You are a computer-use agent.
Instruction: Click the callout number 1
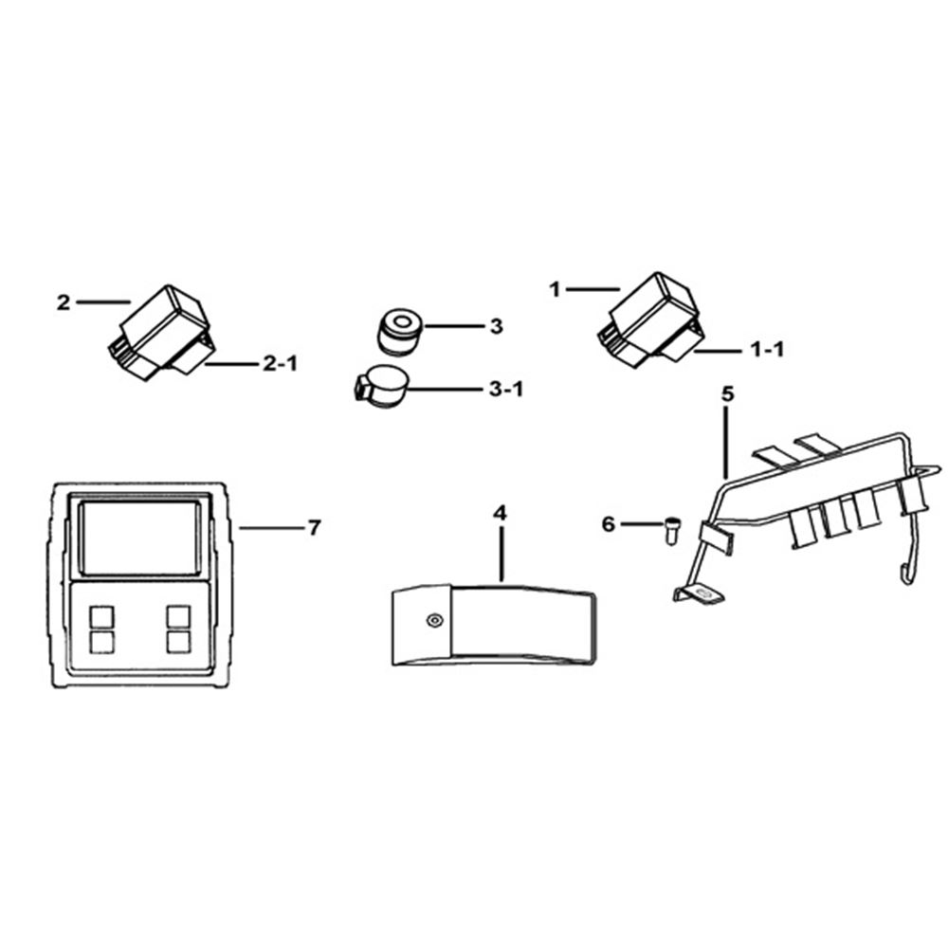point(555,289)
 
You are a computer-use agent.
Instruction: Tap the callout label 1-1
point(767,350)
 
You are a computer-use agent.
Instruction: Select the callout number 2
point(64,302)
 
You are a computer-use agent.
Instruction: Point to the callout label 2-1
point(280,364)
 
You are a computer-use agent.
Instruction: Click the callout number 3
point(497,326)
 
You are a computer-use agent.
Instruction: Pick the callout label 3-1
point(506,390)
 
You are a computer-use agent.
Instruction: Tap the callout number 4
point(500,513)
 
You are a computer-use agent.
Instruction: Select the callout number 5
point(727,394)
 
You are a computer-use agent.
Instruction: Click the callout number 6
point(609,524)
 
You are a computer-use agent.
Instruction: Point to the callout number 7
point(314,528)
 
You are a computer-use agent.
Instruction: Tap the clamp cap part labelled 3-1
point(381,387)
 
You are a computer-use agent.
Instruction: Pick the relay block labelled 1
point(651,319)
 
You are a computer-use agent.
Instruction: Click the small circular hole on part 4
point(433,620)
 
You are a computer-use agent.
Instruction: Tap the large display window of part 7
point(140,538)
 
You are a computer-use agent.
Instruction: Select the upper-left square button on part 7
point(101,617)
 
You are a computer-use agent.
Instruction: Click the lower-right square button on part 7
point(179,642)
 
